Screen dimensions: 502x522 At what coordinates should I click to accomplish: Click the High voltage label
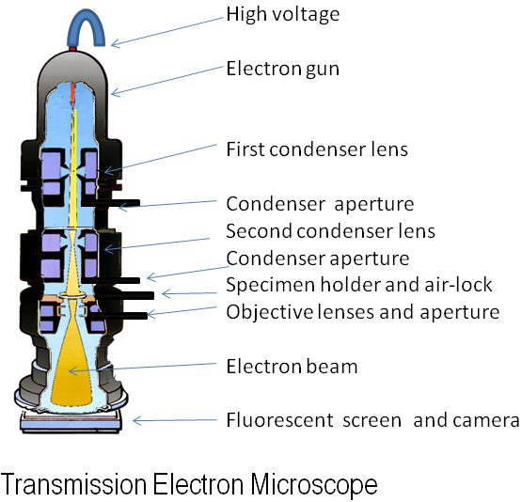[283, 14]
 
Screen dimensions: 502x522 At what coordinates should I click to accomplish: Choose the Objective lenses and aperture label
[362, 311]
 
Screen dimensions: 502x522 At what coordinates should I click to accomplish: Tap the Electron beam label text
[292, 366]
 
